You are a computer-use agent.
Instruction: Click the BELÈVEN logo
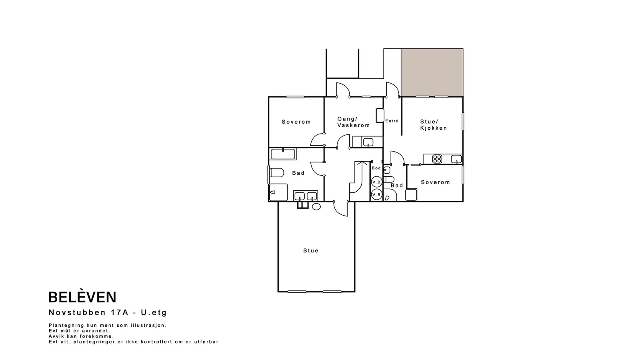pyautogui.click(x=82, y=297)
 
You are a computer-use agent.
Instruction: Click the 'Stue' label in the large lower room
pyautogui.click(x=311, y=250)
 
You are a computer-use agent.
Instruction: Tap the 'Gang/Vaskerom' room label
pyautogui.click(x=354, y=122)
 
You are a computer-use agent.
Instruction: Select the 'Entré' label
pyautogui.click(x=392, y=121)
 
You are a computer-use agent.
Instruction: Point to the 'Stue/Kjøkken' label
pyautogui.click(x=434, y=125)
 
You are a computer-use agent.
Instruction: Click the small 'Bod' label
pyautogui.click(x=376, y=168)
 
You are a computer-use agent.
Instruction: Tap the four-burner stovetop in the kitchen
pyautogui.click(x=437, y=159)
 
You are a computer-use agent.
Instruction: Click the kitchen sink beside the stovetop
pyautogui.click(x=456, y=159)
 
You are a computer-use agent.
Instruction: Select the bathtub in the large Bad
pyautogui.click(x=283, y=154)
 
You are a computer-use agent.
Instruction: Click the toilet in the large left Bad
pyautogui.click(x=276, y=173)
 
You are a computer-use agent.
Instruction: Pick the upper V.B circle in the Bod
pyautogui.click(x=376, y=182)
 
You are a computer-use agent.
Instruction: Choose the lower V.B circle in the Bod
pyautogui.click(x=376, y=194)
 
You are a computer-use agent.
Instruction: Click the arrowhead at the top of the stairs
pyautogui.click(x=362, y=163)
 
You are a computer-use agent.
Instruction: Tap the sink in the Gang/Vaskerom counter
pyautogui.click(x=368, y=142)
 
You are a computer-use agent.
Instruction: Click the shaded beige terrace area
pyautogui.click(x=432, y=72)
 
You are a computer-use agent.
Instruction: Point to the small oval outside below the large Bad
pyautogui.click(x=316, y=206)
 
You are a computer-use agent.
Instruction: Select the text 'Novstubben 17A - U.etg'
pyautogui.click(x=108, y=312)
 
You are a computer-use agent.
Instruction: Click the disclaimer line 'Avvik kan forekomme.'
pyautogui.click(x=81, y=336)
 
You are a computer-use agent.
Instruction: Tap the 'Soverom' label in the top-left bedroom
pyautogui.click(x=296, y=122)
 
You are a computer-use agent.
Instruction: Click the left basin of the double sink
pyautogui.click(x=300, y=196)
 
